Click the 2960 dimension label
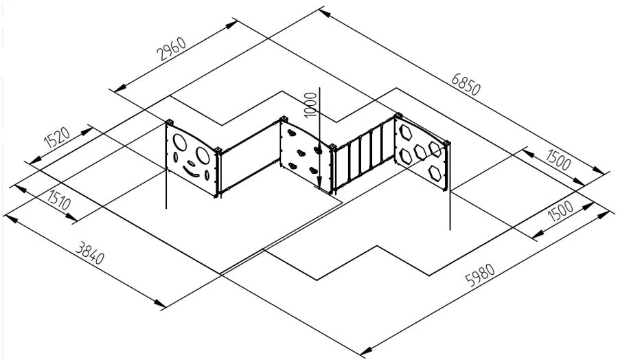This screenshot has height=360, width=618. [171, 48]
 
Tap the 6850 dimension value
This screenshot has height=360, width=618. [466, 84]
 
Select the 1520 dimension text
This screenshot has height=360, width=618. [57, 137]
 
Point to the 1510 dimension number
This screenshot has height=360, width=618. [59, 199]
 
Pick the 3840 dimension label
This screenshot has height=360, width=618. [90, 252]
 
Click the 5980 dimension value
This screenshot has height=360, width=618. [480, 274]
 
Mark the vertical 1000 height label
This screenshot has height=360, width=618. [310, 104]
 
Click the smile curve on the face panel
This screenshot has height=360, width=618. [191, 172]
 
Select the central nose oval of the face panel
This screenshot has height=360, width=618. [191, 163]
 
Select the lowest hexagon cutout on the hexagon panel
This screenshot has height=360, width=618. [435, 172]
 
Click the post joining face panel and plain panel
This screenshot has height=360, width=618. [218, 172]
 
